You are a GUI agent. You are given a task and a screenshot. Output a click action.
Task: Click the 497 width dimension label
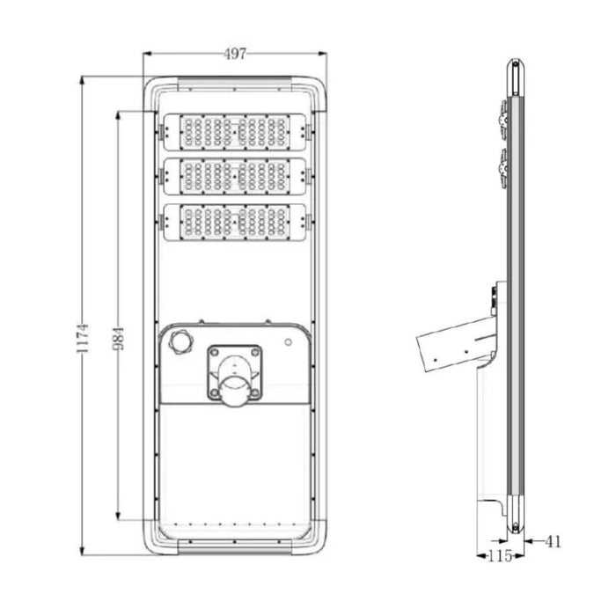pos(235,54)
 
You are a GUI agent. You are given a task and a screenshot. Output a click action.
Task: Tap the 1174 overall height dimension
pos(83,338)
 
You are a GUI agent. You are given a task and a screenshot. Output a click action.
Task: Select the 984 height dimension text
pos(119,338)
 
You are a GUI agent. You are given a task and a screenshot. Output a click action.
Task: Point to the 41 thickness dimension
pos(554,542)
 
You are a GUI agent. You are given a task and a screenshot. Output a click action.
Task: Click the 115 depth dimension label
pos(500,556)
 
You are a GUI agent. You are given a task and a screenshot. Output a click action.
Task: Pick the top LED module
pos(235,132)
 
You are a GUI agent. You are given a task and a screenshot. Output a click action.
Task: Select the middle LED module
pos(235,176)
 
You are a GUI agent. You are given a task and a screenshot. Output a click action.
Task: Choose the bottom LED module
pos(235,222)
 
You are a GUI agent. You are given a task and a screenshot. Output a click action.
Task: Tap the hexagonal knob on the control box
pos(180,341)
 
